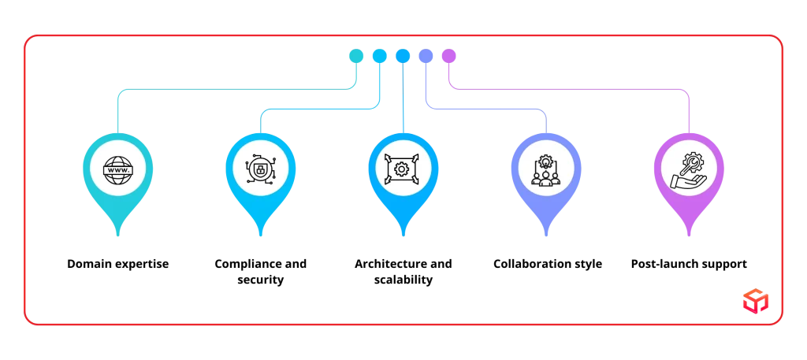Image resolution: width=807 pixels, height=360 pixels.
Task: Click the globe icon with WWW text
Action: (x=118, y=169)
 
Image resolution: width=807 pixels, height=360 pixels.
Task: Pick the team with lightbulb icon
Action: (x=545, y=169)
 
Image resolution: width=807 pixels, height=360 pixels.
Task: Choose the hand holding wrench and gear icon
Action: (x=687, y=169)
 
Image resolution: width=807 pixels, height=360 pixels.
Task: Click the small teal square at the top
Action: (x=356, y=55)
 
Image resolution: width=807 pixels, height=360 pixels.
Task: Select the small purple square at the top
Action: (x=449, y=55)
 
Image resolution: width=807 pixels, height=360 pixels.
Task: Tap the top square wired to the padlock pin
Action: (x=379, y=55)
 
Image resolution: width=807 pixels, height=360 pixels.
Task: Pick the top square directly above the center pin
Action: (x=403, y=55)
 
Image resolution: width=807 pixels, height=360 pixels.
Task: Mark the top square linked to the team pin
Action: (x=426, y=55)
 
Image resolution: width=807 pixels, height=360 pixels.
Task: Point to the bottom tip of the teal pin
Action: (x=118, y=235)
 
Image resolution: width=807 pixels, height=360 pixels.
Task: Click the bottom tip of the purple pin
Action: (x=687, y=235)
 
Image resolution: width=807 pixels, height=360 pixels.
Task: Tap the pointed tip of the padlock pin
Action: (x=260, y=235)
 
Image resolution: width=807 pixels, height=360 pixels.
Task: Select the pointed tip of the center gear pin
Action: (x=402, y=235)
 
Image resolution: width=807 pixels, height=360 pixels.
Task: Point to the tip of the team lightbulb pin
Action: (x=545, y=235)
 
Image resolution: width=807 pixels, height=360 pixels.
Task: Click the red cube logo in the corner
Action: (x=754, y=301)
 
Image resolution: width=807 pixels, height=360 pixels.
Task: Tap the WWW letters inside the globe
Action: (x=118, y=169)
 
